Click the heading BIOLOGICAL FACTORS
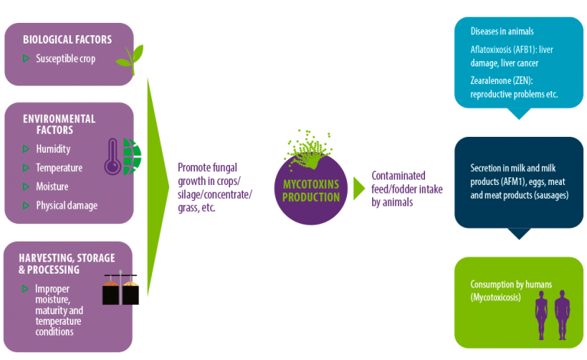[x=67, y=40]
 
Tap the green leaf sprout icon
[x=131, y=59]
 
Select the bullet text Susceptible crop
[x=66, y=59]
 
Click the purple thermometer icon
[x=112, y=157]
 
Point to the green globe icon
[x=131, y=157]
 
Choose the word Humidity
[x=54, y=149]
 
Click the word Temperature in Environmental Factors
[x=59, y=167]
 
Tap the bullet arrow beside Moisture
[x=26, y=186]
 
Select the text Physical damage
[x=66, y=206]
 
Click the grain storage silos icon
[x=121, y=287]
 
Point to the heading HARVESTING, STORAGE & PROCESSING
[x=66, y=264]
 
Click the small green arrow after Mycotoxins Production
[x=359, y=188]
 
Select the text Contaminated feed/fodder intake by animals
[x=407, y=189]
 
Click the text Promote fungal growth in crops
[x=209, y=174]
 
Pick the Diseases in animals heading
[x=502, y=31]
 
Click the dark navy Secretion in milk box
[x=519, y=183]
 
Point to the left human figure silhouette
[x=541, y=315]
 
